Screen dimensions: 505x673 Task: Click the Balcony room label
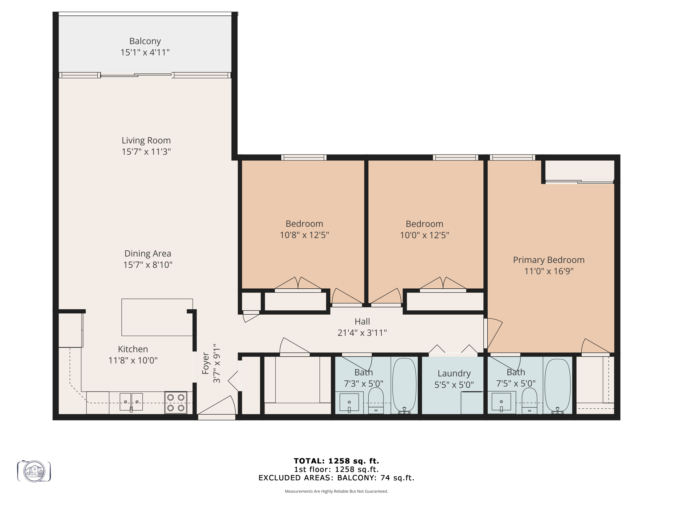[145, 41]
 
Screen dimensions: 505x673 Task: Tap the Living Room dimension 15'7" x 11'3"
[146, 152]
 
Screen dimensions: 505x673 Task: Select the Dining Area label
[148, 253]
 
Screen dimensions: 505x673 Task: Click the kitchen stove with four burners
[176, 402]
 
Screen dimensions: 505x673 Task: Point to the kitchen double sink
[131, 402]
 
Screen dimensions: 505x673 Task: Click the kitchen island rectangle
[157, 317]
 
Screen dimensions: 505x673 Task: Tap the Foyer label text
[206, 363]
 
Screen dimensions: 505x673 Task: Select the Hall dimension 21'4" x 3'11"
[362, 333]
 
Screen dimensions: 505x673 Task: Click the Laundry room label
[454, 373]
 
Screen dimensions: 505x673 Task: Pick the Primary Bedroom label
[549, 260]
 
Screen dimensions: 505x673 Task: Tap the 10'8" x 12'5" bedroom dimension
[304, 235]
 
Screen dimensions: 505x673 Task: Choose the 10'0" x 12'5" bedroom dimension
[424, 235]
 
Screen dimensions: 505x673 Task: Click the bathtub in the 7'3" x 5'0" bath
[405, 385]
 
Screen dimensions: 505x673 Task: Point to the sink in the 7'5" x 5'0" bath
[501, 402]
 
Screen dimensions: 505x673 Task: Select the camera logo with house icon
[34, 471]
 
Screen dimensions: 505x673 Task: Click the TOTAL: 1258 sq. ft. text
[336, 461]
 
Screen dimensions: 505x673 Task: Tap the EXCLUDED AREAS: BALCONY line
[336, 478]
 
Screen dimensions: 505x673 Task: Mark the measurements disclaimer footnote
[336, 491]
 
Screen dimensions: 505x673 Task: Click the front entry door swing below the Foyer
[217, 408]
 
